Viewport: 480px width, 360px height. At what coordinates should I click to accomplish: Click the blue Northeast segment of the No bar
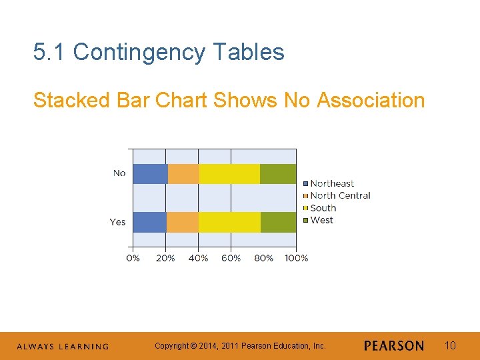[x=150, y=173]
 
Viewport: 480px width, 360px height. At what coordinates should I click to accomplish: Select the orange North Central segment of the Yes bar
[x=182, y=222]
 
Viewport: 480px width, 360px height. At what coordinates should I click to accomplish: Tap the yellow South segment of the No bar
[x=229, y=173]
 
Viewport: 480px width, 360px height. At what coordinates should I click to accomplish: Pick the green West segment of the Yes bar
[x=278, y=222]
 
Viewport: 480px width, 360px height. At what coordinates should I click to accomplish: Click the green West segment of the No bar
[x=278, y=173]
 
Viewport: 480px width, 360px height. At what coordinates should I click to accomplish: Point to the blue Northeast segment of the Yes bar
[x=149, y=222]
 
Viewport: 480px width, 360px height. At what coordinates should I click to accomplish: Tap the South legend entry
[x=323, y=208]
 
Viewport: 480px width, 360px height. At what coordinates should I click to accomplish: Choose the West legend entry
[x=321, y=220]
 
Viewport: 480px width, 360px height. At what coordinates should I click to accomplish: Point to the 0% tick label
[x=133, y=258]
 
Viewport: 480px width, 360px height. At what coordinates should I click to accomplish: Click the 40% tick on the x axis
[x=198, y=258]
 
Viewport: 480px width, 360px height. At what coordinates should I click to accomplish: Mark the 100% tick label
[x=296, y=258]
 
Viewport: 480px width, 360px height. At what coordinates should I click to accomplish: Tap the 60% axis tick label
[x=231, y=258]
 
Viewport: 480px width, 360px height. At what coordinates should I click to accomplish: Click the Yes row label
[x=117, y=222]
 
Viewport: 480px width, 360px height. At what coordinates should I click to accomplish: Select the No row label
[x=119, y=173]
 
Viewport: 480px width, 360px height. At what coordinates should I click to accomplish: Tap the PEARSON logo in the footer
[x=394, y=345]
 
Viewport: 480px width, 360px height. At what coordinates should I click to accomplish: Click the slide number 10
[x=450, y=345]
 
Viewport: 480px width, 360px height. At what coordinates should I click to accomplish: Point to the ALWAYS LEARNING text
[x=62, y=347]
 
